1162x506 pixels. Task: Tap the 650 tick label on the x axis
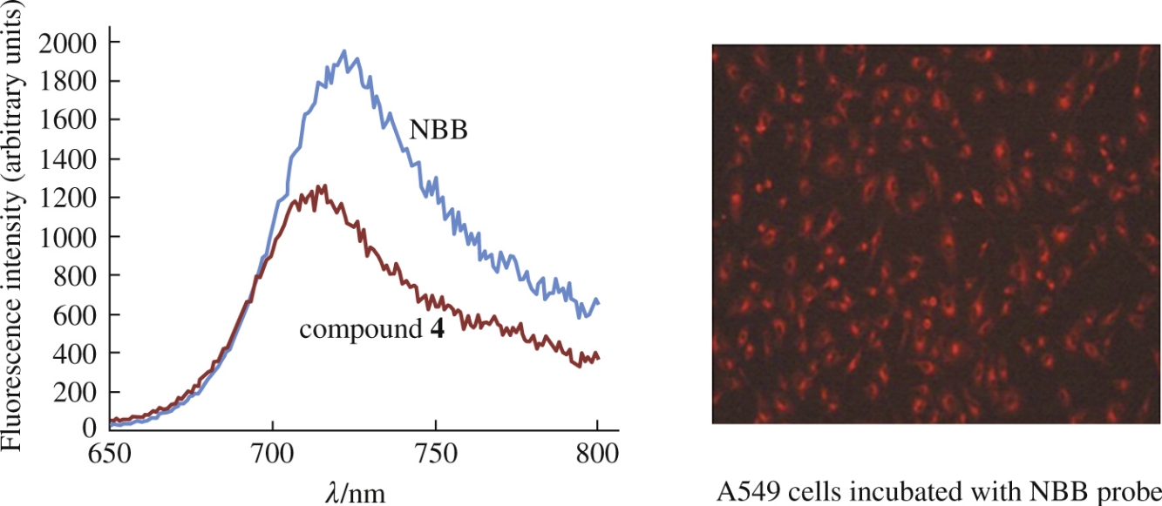coord(110,453)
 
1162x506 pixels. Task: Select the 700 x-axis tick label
coord(272,453)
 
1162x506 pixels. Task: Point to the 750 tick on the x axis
coord(435,453)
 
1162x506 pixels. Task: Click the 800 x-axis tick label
coord(598,453)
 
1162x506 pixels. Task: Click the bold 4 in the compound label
coord(438,331)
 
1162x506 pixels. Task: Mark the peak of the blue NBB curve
coord(344,51)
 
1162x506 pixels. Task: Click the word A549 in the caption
coord(741,488)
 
